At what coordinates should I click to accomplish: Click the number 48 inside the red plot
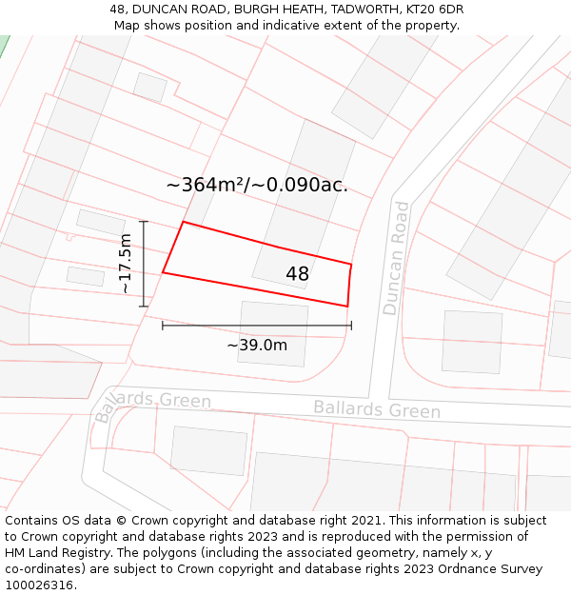(297, 274)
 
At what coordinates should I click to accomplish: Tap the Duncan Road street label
(396, 258)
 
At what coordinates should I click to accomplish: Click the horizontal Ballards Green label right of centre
(377, 409)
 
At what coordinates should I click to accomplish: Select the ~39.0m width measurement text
(257, 345)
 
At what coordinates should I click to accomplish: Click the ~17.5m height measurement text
(125, 264)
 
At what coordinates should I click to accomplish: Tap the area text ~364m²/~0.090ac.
(257, 185)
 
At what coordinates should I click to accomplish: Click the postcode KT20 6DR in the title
(432, 9)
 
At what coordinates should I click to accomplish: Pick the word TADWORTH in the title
(352, 9)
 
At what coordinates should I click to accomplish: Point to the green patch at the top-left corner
(3, 46)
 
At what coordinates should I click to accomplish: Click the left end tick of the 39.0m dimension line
(163, 326)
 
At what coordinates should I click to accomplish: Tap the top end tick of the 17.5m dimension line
(144, 222)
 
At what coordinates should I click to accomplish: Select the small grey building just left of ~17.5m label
(86, 276)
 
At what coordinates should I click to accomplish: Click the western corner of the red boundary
(163, 272)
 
